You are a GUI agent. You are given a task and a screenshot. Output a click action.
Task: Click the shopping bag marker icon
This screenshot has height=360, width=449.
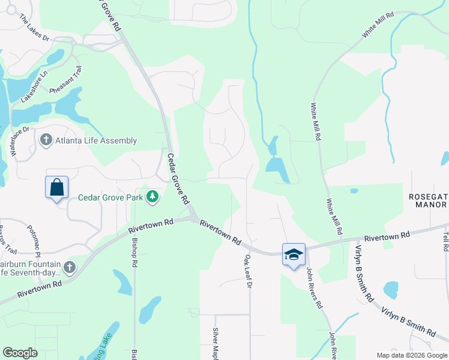pyautogui.click(x=57, y=187)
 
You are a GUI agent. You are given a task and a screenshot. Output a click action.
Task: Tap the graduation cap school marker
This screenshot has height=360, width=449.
pyautogui.click(x=294, y=254)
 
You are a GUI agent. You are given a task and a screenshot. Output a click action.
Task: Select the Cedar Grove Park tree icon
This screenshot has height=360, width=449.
pyautogui.click(x=153, y=196)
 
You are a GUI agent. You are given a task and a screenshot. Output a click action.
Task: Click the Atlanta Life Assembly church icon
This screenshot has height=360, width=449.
pyautogui.click(x=46, y=140)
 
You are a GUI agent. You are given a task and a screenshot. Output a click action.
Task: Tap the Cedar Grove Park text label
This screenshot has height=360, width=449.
pyautogui.click(x=112, y=197)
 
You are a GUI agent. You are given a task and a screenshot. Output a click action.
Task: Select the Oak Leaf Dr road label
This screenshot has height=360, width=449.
pyautogui.click(x=247, y=271)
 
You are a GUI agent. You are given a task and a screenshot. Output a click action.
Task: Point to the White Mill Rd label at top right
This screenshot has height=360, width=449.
pyautogui.click(x=378, y=25)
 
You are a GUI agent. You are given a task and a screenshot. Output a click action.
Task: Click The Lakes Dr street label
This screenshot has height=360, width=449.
pyautogui.click(x=32, y=28)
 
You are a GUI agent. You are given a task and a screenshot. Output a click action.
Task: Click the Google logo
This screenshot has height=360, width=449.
pyautogui.click(x=20, y=353)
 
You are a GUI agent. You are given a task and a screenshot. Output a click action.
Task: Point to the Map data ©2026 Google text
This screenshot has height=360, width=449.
pyautogui.click(x=411, y=355)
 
